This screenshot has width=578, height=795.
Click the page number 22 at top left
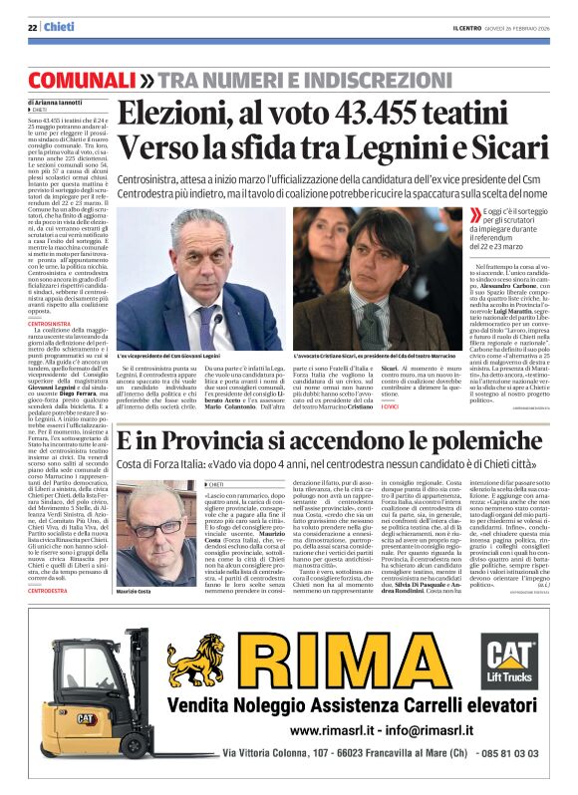click(x=32, y=27)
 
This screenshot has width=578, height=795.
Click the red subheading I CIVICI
click(x=393, y=405)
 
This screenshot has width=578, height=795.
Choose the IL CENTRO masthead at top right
click(x=458, y=27)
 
